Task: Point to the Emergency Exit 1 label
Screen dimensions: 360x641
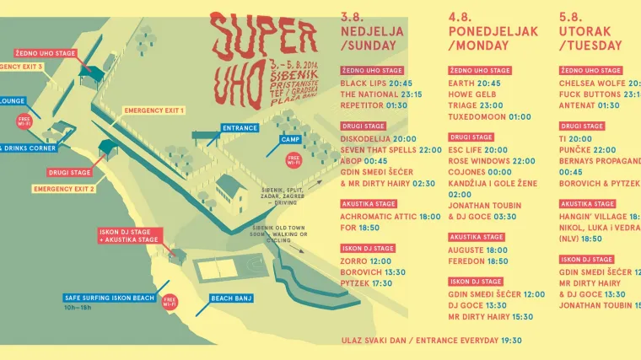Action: pos(154,110)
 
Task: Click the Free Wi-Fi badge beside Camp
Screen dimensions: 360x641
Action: pos(294,159)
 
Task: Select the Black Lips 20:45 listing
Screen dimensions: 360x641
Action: pos(377,83)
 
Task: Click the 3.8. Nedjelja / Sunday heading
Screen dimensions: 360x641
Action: pos(372,31)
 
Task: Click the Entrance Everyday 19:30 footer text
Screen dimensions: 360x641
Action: pos(432,341)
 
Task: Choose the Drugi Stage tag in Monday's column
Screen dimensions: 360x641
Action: pos(471,137)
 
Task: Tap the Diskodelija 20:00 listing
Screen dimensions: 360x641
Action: pos(379,138)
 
